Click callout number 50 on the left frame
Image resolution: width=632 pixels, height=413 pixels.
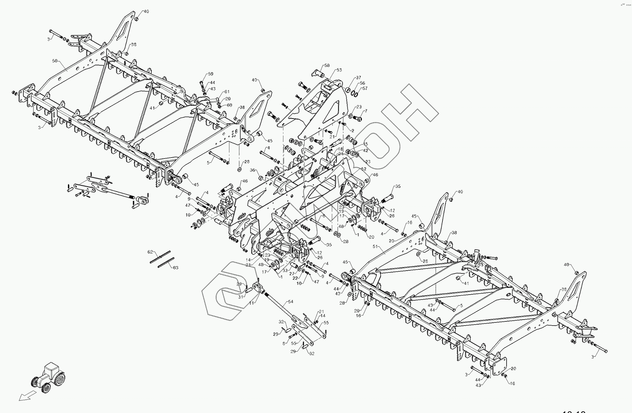(55, 61)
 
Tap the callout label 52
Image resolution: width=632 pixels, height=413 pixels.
(364, 169)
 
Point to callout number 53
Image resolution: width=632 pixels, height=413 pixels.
(339, 70)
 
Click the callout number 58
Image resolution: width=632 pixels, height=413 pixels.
(327, 66)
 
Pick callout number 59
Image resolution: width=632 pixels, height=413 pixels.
(211, 75)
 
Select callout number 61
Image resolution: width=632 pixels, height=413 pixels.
(227, 92)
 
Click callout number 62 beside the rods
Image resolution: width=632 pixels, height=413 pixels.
(150, 252)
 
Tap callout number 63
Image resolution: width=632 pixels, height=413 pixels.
(176, 268)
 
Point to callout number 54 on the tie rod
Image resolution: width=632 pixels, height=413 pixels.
(291, 302)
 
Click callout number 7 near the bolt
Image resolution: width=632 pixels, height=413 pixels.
(366, 111)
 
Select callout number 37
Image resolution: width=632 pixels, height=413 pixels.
(358, 78)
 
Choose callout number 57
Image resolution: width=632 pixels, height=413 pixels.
(365, 89)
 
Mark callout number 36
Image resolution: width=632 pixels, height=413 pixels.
(252, 170)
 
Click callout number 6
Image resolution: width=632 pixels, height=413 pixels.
(323, 216)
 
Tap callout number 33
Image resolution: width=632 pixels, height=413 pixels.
(285, 270)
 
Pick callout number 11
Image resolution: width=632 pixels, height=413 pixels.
(252, 303)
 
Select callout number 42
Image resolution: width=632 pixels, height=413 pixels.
(366, 151)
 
